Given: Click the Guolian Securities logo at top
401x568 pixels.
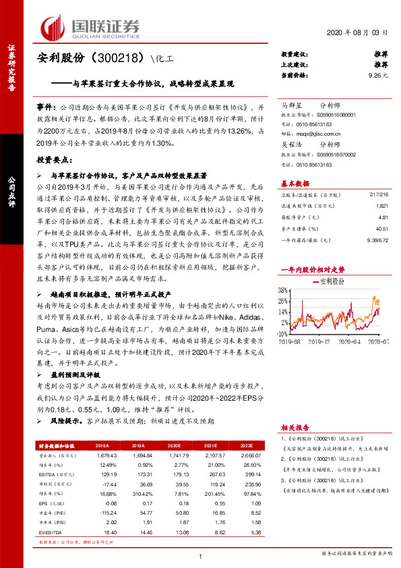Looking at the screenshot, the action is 92,27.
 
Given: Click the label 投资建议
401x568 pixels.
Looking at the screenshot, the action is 295,53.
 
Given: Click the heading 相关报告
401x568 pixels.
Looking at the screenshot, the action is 294,428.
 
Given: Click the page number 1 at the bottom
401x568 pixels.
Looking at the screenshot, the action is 201,555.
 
